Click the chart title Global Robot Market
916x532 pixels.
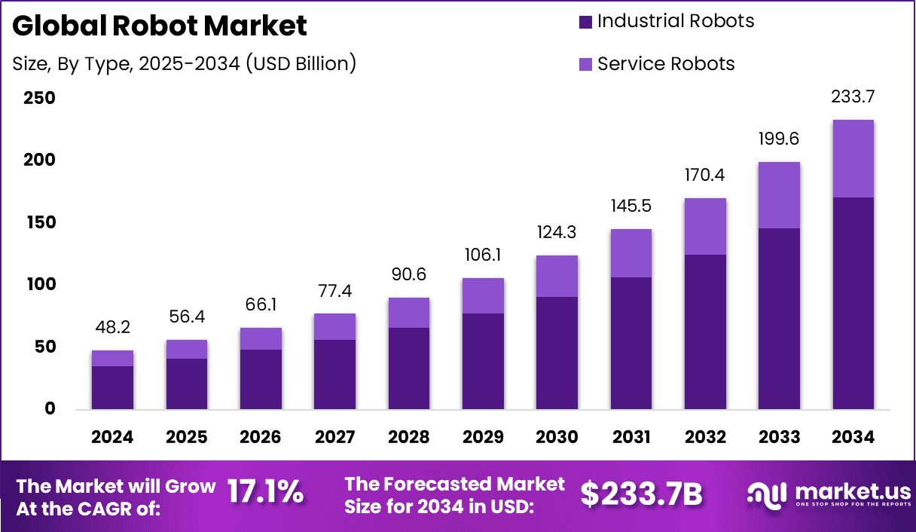click(x=160, y=26)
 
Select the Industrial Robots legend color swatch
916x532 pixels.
click(x=586, y=22)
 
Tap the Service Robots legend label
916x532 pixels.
click(x=666, y=64)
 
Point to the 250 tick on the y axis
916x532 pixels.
click(x=39, y=98)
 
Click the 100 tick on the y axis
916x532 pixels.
click(x=39, y=285)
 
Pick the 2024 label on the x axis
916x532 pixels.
click(x=112, y=437)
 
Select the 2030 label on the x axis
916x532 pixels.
click(x=557, y=437)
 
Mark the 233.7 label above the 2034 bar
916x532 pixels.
click(x=853, y=97)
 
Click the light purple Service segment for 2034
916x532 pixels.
click(x=853, y=158)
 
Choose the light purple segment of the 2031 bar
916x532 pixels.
click(x=631, y=252)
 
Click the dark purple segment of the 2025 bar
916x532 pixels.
click(x=186, y=384)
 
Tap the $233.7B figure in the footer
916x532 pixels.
click(x=641, y=494)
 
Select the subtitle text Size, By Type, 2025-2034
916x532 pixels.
click(x=185, y=64)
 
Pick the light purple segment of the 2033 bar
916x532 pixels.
click(x=779, y=194)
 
